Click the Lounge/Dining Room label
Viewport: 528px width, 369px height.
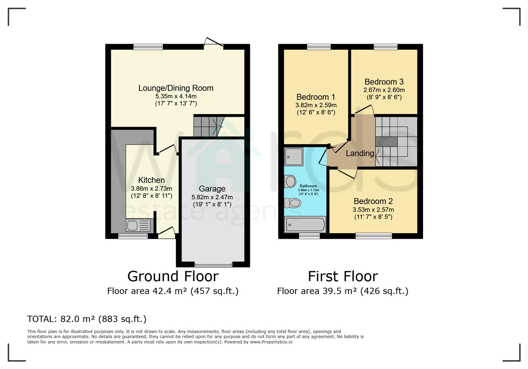pos(176,88)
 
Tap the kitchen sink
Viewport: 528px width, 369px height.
pos(138,225)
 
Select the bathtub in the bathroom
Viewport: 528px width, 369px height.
pos(305,224)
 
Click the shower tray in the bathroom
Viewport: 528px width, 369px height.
pos(293,157)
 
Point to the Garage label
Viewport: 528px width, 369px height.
pos(212,189)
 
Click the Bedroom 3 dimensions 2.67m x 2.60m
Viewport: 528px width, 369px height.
pos(384,90)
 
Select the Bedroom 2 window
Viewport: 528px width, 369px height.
pos(373,235)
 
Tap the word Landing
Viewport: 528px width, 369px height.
pos(359,153)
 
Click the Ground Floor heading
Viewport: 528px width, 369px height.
pos(173,276)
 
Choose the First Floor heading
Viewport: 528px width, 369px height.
pos(343,276)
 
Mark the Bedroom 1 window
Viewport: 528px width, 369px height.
pos(319,47)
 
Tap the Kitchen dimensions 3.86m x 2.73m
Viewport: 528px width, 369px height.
pos(151,189)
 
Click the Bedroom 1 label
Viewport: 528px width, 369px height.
pos(316,97)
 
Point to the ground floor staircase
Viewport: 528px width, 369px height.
pos(207,126)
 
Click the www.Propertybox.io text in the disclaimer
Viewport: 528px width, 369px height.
pos(271,342)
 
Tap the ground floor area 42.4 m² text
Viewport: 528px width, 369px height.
pos(173,291)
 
